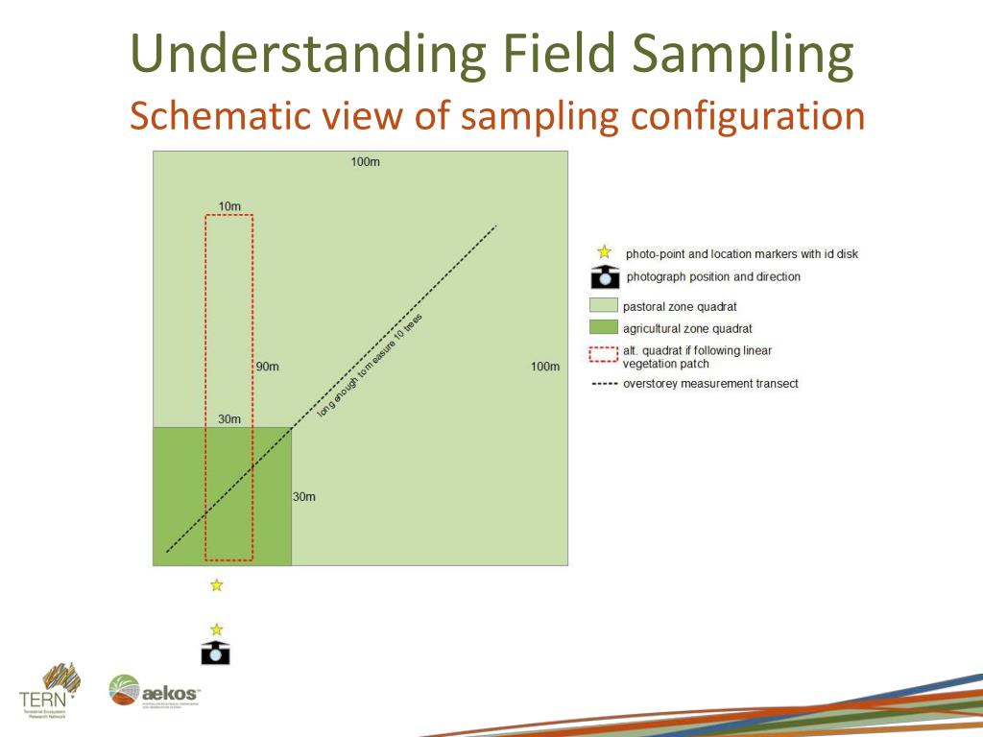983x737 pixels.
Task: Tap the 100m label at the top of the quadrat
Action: tap(365, 162)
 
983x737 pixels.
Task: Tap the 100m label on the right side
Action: tap(544, 367)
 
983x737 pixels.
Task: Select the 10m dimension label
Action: tap(229, 206)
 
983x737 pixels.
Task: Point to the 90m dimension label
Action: tap(267, 367)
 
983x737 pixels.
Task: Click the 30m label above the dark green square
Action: tap(229, 419)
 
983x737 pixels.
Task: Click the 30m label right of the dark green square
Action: tap(303, 497)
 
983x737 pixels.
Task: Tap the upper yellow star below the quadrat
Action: tap(217, 584)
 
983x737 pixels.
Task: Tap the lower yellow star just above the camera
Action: tap(217, 629)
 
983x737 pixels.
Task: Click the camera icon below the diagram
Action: tap(216, 653)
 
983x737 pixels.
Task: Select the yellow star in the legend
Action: tap(605, 252)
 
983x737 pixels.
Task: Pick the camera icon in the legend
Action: tap(604, 277)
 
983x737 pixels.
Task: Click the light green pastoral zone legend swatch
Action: tap(603, 306)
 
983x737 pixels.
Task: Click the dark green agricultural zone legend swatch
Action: tap(603, 328)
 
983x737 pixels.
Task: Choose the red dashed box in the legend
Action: tap(603, 355)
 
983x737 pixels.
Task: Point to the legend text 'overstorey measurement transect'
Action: tap(710, 384)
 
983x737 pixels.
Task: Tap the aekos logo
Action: tap(155, 692)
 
